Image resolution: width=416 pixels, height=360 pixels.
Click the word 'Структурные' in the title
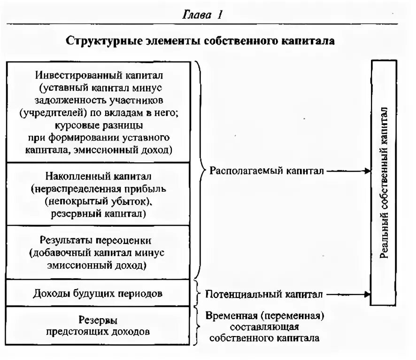coord(97,41)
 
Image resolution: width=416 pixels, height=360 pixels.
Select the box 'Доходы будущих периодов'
coord(98,294)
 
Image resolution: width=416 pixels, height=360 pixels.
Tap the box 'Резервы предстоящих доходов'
coord(98,326)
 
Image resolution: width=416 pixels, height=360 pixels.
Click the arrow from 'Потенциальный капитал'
coord(348,295)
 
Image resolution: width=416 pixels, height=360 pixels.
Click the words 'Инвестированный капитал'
coord(98,75)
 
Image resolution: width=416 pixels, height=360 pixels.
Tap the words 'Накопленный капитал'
coord(98,176)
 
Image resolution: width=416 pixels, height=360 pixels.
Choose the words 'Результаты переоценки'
coord(98,241)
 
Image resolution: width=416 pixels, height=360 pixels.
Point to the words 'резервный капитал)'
coord(98,214)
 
